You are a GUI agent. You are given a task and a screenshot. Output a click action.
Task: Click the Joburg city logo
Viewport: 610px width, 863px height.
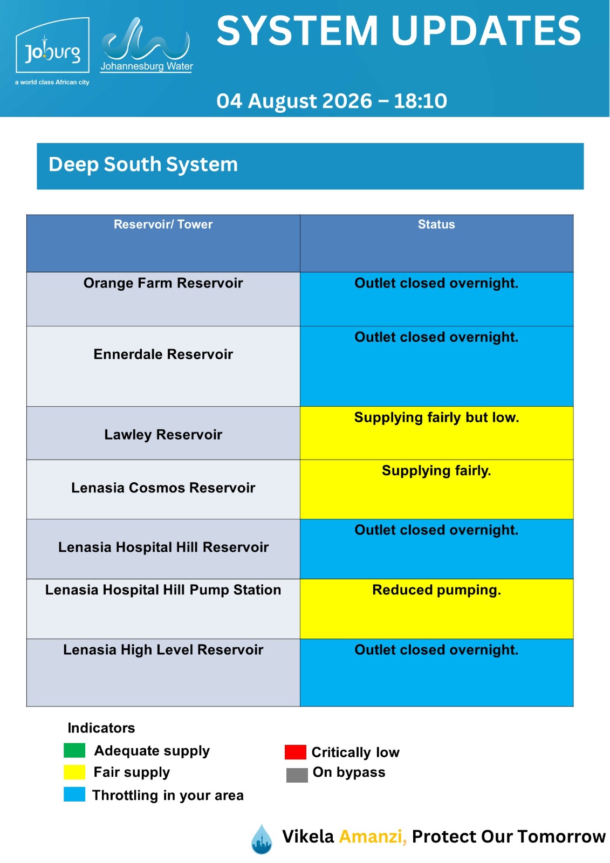coord(52,50)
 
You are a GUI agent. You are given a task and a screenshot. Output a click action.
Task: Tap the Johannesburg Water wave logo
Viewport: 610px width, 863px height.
coord(146,45)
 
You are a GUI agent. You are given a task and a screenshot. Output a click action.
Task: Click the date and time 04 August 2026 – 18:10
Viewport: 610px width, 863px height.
coord(331,101)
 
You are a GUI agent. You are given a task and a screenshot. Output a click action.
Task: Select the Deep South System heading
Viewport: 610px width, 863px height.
coord(143,165)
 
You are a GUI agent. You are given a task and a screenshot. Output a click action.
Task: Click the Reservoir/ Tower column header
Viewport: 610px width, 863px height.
coord(163,224)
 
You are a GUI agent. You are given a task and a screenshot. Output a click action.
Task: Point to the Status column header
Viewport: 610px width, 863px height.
coord(436,224)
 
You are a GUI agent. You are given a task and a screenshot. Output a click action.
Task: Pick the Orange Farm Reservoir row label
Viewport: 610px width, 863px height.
coord(163,283)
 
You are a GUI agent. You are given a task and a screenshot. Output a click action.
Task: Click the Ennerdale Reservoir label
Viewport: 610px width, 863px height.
coord(163,354)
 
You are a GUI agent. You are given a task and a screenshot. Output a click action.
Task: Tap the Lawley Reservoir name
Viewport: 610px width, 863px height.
coord(163,435)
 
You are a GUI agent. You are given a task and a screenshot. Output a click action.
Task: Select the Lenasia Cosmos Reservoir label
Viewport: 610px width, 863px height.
coord(163,488)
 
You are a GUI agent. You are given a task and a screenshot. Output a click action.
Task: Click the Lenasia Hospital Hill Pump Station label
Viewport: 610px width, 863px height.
coord(163,590)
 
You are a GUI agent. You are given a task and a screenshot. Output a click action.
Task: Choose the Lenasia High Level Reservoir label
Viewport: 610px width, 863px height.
coord(163,649)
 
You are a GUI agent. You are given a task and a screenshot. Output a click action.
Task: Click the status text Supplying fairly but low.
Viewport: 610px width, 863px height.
coord(436,417)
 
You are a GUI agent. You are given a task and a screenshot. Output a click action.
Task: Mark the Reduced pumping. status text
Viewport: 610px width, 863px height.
coord(436,590)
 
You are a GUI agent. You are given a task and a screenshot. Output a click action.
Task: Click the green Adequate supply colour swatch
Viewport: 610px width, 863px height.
coord(74,750)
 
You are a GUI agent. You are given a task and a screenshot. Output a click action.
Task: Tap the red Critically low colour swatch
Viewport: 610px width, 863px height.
coord(296,752)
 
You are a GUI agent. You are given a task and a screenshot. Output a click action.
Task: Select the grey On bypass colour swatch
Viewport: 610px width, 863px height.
coord(297,775)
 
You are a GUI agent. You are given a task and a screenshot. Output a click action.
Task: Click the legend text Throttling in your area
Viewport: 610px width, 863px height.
coord(168,795)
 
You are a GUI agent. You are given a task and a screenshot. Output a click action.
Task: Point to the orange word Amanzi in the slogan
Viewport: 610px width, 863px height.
coord(373,837)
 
